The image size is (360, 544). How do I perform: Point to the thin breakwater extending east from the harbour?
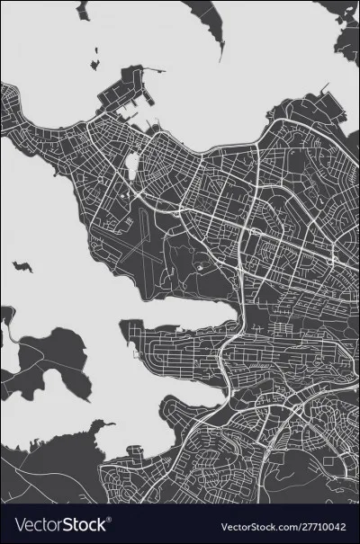(156, 68)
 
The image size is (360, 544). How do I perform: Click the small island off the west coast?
(22, 266)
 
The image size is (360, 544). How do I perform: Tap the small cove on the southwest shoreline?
(99, 427)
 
